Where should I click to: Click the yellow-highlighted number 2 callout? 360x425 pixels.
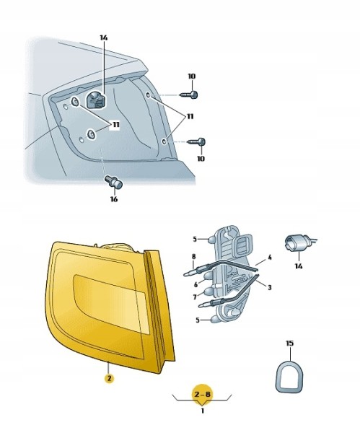[109, 378]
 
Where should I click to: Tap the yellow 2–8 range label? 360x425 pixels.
[202, 393]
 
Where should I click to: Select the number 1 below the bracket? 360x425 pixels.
[202, 411]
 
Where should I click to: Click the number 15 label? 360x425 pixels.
[290, 343]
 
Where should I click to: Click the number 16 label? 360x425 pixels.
[114, 199]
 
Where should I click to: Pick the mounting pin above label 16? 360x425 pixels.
[114, 182]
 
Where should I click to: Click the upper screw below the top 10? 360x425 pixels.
[189, 95]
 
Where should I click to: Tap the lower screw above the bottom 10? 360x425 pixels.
[196, 141]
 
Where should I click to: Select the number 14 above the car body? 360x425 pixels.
[104, 38]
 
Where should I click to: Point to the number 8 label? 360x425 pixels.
[193, 256]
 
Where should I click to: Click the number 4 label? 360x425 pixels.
[269, 257]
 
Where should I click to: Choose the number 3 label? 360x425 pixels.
[269, 287]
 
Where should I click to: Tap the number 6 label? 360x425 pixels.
[196, 284]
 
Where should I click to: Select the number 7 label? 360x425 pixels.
[195, 297]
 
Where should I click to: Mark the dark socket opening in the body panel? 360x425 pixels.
[96, 100]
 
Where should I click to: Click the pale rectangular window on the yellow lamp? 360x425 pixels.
[112, 304]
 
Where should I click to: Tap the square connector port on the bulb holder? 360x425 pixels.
[242, 245]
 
